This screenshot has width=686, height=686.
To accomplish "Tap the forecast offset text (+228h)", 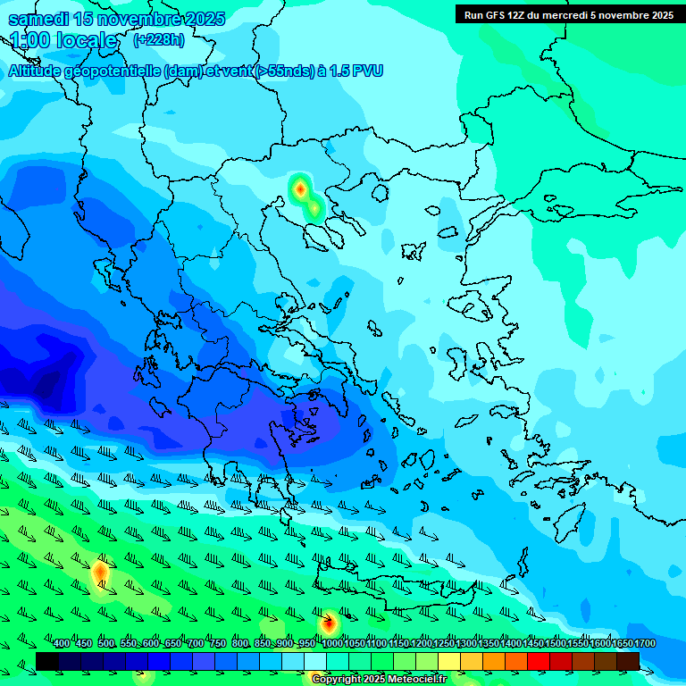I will (158, 40).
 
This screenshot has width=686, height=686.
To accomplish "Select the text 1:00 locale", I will (63, 40).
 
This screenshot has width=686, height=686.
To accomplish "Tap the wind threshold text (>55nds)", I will (282, 71).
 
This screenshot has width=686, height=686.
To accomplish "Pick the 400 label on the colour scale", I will (62, 644).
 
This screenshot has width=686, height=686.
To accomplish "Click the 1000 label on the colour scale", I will (332, 644).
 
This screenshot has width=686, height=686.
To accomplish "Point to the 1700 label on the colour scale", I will (645, 644).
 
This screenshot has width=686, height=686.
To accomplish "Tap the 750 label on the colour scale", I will (218, 644).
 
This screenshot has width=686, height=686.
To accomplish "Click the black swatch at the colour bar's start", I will (47, 661).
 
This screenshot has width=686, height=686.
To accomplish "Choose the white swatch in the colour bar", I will (315, 661).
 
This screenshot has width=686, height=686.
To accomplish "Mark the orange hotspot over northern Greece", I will (301, 188).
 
